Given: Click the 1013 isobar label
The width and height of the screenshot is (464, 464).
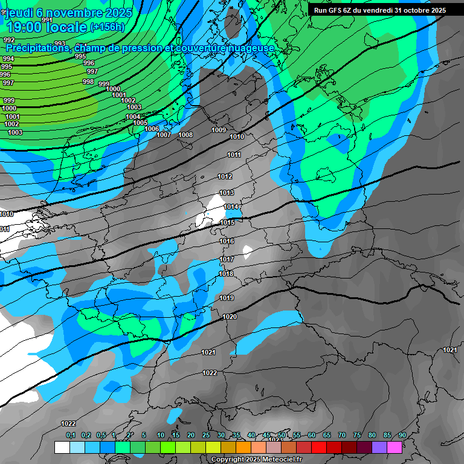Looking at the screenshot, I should coord(226,193).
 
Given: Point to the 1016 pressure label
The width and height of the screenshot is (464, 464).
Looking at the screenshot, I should coord(227,241).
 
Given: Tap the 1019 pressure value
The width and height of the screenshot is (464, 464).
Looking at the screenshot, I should coord(227,298).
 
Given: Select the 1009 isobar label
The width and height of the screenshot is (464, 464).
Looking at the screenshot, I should coord(219,130).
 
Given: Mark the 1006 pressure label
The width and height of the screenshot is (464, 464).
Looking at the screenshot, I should coord(152,129).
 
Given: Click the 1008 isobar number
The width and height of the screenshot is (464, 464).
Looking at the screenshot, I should coord(185,135).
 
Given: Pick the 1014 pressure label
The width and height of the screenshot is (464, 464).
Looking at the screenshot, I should coord(231,207).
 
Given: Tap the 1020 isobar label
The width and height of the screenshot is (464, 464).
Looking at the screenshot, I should coord(230,317).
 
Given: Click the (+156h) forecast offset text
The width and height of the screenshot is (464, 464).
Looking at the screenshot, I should coord(107,27).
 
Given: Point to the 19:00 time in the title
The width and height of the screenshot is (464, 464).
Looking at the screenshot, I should coord(25,27).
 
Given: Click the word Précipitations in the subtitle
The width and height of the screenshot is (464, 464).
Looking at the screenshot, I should coord(36,48).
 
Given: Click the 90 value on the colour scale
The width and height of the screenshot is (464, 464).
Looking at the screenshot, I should coord(402,435).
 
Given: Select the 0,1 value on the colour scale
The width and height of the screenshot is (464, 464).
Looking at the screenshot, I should coord(70,435).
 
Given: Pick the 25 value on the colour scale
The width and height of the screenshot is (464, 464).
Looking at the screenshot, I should coord(206,435).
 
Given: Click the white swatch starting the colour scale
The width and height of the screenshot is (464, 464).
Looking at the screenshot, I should coord(62,447).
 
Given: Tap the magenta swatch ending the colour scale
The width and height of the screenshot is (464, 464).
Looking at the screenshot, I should coord(395,447).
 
